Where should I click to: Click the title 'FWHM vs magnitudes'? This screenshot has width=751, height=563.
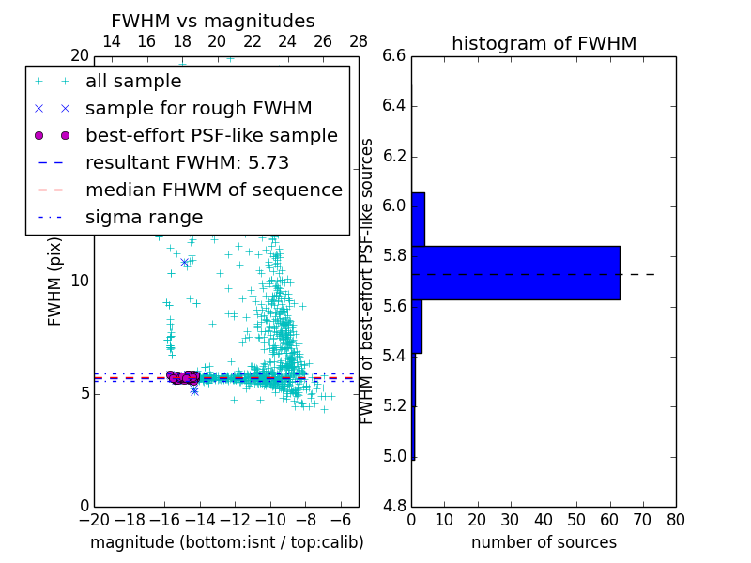pyautogui.click(x=212, y=21)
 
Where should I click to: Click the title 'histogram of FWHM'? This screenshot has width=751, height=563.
pyautogui.click(x=544, y=43)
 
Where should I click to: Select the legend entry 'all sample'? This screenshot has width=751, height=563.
pyautogui.click(x=133, y=82)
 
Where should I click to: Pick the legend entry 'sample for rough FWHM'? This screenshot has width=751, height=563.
pyautogui.click(x=198, y=109)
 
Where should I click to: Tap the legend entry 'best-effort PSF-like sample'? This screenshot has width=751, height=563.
pyautogui.click(x=211, y=136)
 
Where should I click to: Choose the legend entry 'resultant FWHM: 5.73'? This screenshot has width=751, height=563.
pyautogui.click(x=187, y=163)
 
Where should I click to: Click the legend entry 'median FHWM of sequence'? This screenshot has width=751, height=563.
pyautogui.click(x=213, y=190)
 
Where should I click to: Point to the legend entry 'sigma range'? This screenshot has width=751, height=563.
pyautogui.click(x=144, y=218)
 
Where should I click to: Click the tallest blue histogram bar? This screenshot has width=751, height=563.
pyautogui.click(x=515, y=273)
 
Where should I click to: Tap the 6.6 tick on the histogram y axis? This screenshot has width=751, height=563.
pyautogui.click(x=393, y=56)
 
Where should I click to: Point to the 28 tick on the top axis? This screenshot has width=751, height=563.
pyautogui.click(x=359, y=41)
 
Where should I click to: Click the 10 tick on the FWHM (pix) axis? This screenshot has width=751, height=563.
pyautogui.click(x=80, y=281)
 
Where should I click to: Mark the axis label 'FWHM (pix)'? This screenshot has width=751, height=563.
pyautogui.click(x=55, y=281)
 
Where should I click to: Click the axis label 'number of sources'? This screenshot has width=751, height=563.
pyautogui.click(x=544, y=542)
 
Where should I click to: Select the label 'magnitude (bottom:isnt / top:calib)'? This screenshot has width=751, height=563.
pyautogui.click(x=226, y=542)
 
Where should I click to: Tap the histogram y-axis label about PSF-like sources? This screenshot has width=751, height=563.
pyautogui.click(x=368, y=281)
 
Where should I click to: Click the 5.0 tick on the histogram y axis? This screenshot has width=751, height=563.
pyautogui.click(x=393, y=457)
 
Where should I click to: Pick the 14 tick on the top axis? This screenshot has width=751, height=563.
pyautogui.click(x=111, y=41)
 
